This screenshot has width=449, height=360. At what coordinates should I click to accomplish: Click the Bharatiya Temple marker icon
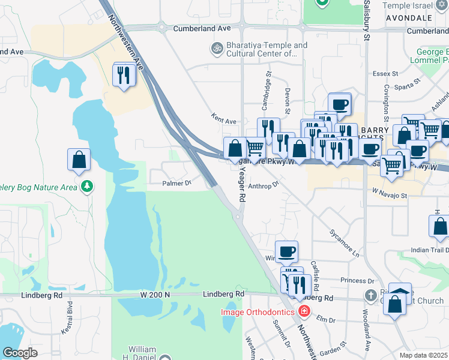pos(215,47)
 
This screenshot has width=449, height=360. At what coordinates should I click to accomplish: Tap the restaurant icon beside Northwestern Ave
pos(124,75)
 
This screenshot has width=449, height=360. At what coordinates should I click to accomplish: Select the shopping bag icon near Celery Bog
pos(79,160)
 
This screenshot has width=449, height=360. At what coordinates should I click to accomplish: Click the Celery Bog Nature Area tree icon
pos(88,187)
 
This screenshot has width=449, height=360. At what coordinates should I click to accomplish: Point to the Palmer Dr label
pos(176,182)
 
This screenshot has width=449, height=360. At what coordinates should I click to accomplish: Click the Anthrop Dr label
pos(264,185)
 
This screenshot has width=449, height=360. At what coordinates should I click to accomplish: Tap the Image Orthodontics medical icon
pos(304,311)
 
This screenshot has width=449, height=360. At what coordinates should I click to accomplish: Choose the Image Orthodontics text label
pos(258,312)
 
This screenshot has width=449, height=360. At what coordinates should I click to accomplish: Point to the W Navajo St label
pos(390,195)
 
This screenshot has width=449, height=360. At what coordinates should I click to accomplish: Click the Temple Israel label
pos(407,5)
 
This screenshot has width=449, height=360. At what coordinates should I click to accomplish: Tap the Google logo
pos(20,353)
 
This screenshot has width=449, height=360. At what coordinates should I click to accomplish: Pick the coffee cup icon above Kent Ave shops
pos(340,104)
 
